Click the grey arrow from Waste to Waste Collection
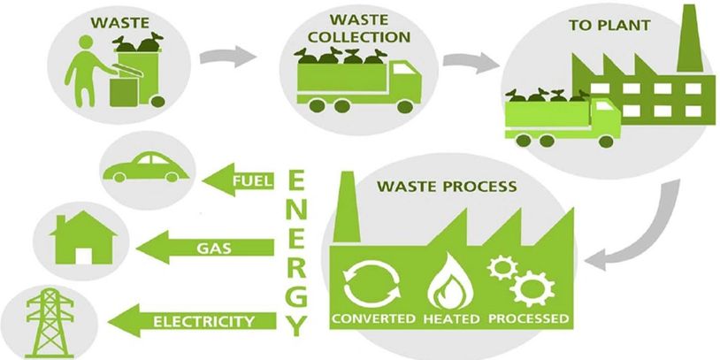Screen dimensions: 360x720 tap(226, 58)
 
